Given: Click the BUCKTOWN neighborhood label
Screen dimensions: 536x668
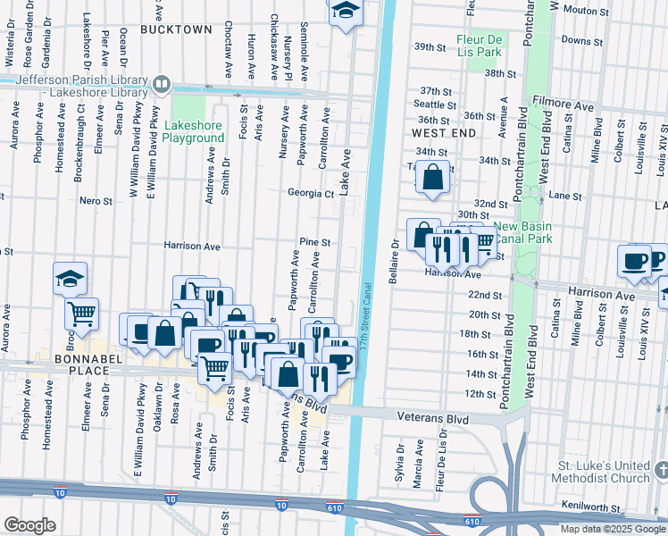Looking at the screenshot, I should [176, 29].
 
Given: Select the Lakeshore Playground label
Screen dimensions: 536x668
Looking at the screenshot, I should [194, 132].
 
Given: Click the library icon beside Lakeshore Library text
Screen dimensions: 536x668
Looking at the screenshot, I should [162, 85].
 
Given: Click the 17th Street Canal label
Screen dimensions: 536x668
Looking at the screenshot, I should [366, 317].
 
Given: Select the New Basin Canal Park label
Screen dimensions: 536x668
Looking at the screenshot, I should [521, 232].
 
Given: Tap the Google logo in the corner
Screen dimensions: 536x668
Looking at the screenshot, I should [29, 525].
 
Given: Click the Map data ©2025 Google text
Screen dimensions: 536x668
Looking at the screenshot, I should [613, 529].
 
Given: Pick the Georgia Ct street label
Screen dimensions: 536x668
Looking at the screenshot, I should [310, 193].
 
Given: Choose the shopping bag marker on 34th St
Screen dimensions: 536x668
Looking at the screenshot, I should [432, 179].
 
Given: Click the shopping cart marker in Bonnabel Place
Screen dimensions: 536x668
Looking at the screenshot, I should [81, 314].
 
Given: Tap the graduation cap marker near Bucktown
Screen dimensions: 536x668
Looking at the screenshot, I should [344, 12].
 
